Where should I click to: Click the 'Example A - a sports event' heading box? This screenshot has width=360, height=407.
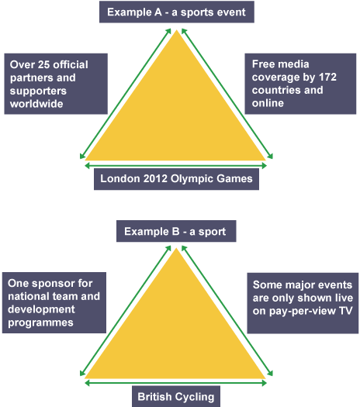point(177,12)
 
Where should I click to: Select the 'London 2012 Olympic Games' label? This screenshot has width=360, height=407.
point(176,179)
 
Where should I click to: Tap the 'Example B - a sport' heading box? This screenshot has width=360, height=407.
point(176,231)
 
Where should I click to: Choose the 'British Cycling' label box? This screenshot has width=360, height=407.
point(176,396)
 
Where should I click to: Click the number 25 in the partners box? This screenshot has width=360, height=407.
point(44,64)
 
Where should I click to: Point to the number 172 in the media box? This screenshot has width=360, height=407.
point(327,77)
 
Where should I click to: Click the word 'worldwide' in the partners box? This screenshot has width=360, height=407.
point(36,104)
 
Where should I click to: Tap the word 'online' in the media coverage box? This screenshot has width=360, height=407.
point(268,103)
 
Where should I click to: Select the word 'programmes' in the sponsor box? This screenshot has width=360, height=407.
point(40,322)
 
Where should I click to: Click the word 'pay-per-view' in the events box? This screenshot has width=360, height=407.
point(303,311)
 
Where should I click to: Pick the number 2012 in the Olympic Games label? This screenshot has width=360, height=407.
point(155,179)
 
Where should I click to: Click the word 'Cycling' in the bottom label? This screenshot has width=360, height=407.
point(194,397)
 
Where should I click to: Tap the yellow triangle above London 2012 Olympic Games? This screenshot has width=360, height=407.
point(176,114)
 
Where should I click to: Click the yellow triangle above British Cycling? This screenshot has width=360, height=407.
point(176,333)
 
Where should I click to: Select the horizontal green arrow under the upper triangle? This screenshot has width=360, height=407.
point(176,166)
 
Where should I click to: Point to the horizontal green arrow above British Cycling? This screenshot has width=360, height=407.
point(176,383)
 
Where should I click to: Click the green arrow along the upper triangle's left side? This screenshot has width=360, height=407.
point(126,94)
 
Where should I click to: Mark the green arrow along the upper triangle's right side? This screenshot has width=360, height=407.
point(227,94)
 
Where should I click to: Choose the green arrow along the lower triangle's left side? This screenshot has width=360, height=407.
point(126,311)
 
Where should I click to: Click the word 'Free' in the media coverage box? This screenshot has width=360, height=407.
point(262,64)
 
